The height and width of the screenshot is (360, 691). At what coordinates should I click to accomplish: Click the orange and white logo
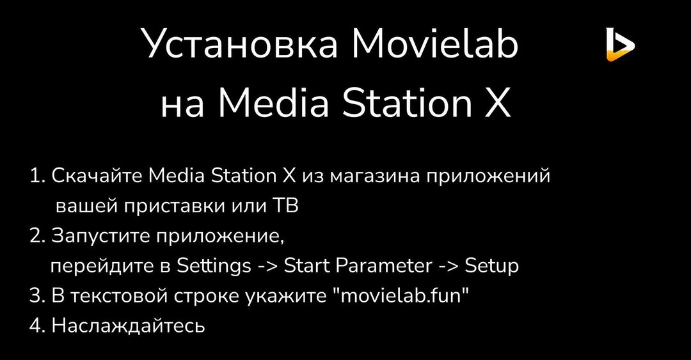[619, 45]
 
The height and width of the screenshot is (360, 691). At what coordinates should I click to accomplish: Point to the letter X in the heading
[496, 104]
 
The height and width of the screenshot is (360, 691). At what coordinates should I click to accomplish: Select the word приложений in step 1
[496, 176]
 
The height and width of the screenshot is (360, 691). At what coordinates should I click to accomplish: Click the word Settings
[214, 266]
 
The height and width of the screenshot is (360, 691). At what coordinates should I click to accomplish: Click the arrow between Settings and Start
[267, 267]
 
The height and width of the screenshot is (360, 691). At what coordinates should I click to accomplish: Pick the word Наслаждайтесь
[128, 326]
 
